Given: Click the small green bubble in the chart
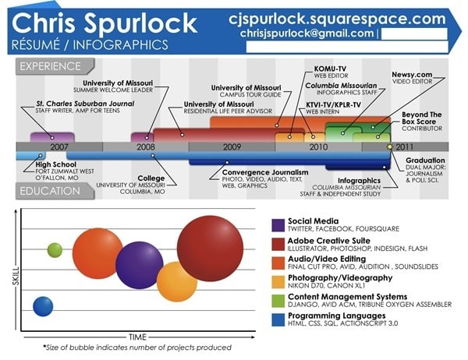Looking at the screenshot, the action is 55,250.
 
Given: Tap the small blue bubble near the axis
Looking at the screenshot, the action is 43,306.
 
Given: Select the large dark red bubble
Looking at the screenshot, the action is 210,249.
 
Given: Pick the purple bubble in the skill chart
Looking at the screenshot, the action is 140,265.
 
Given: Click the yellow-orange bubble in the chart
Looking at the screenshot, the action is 177,281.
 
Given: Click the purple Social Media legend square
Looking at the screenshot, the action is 278,225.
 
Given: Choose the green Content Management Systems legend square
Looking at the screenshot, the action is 278,301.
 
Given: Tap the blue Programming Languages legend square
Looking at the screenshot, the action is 278,319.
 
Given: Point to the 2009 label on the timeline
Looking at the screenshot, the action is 232,146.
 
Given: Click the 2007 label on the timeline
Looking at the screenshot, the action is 59,146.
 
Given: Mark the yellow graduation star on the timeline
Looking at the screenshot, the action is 389,146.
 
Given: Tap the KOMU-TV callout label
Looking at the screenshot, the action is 330,69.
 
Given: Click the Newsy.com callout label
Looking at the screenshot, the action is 412,74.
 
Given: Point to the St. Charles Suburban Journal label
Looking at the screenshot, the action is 85,104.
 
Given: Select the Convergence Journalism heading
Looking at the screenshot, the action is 265,172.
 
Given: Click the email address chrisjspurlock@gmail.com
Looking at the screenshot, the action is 307,33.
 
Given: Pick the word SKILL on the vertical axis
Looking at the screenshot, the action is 16,276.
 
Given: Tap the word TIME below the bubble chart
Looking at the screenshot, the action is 137,337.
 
